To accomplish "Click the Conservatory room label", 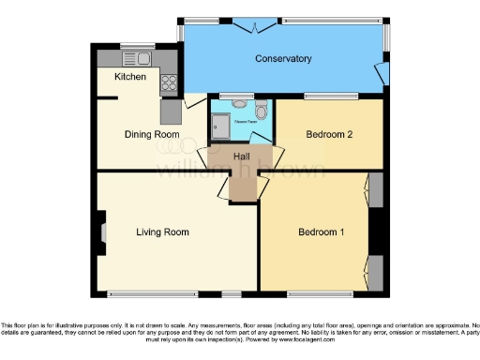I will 283,59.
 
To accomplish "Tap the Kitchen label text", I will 130,77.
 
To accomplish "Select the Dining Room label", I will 152,134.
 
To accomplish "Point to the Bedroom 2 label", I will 329,134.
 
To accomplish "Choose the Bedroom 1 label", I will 322,232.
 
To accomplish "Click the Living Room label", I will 162,232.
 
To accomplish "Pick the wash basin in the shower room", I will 240,104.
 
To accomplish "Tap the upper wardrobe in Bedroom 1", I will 374,191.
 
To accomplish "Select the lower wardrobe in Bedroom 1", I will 374,273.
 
